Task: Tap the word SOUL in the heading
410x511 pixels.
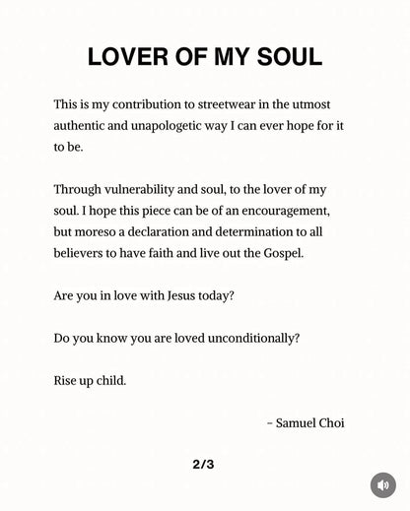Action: coord(288,57)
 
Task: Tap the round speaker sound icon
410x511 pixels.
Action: coord(382,484)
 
